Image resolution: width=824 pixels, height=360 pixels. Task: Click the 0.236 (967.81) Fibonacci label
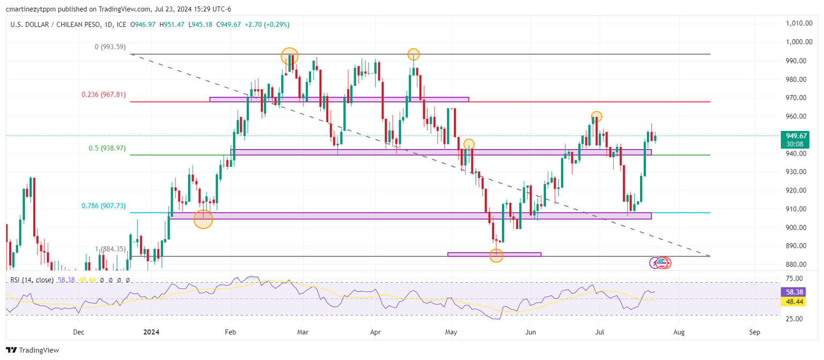click(104, 94)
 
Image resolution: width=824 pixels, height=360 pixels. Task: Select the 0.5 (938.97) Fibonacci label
click(107, 148)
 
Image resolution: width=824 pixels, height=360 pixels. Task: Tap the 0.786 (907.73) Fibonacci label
click(104, 205)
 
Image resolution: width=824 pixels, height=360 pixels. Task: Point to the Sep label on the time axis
click(755, 332)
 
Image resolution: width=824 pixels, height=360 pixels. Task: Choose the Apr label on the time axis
click(376, 332)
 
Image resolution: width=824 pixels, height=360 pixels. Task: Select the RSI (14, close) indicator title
click(32, 280)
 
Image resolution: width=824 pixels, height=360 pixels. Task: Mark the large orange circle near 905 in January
click(203, 219)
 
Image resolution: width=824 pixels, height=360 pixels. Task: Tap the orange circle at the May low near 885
click(496, 256)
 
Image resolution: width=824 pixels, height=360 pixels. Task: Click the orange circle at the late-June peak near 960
click(596, 116)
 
